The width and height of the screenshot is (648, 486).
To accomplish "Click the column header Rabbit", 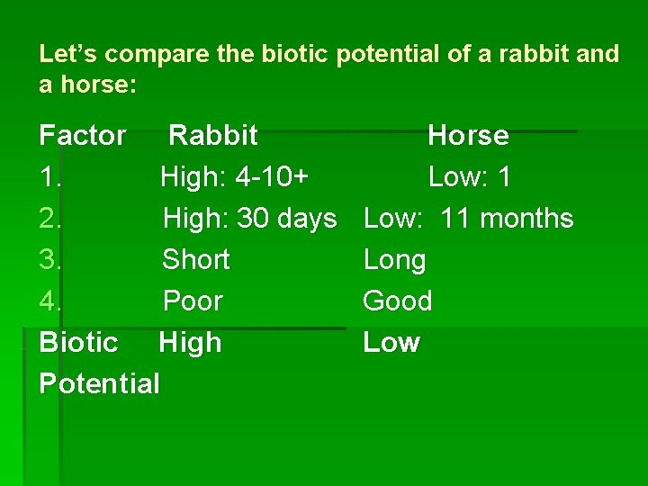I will pyautogui.click(x=213, y=136).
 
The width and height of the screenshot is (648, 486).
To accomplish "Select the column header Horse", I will pyautogui.click(x=468, y=136).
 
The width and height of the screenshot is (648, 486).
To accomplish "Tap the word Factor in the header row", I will pyautogui.click(x=83, y=136).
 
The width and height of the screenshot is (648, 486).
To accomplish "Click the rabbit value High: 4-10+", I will pyautogui.click(x=235, y=177).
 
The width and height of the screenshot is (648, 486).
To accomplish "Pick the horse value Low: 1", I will pyautogui.click(x=469, y=177).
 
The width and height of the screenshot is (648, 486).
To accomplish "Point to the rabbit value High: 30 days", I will pyautogui.click(x=249, y=219).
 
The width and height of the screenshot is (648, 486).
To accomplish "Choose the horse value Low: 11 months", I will pyautogui.click(x=468, y=219).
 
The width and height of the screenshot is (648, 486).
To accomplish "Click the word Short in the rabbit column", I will pyautogui.click(x=195, y=260).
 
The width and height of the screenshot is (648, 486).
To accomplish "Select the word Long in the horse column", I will pyautogui.click(x=394, y=260).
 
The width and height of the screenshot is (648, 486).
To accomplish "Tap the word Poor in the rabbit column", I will pyautogui.click(x=193, y=301).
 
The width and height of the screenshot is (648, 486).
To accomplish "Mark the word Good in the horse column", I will pyautogui.click(x=397, y=301).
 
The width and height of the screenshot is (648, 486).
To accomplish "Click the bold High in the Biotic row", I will pyautogui.click(x=190, y=343).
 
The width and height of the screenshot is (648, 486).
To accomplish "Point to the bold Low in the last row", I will pyautogui.click(x=391, y=343).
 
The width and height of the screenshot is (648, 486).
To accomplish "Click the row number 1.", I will pyautogui.click(x=49, y=177).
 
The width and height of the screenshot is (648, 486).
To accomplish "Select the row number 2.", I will pyautogui.click(x=50, y=219).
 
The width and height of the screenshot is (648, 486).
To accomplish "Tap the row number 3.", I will pyautogui.click(x=50, y=260).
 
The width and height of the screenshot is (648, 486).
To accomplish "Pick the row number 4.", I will pyautogui.click(x=50, y=301).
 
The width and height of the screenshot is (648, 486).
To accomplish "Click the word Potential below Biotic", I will pyautogui.click(x=99, y=384).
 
